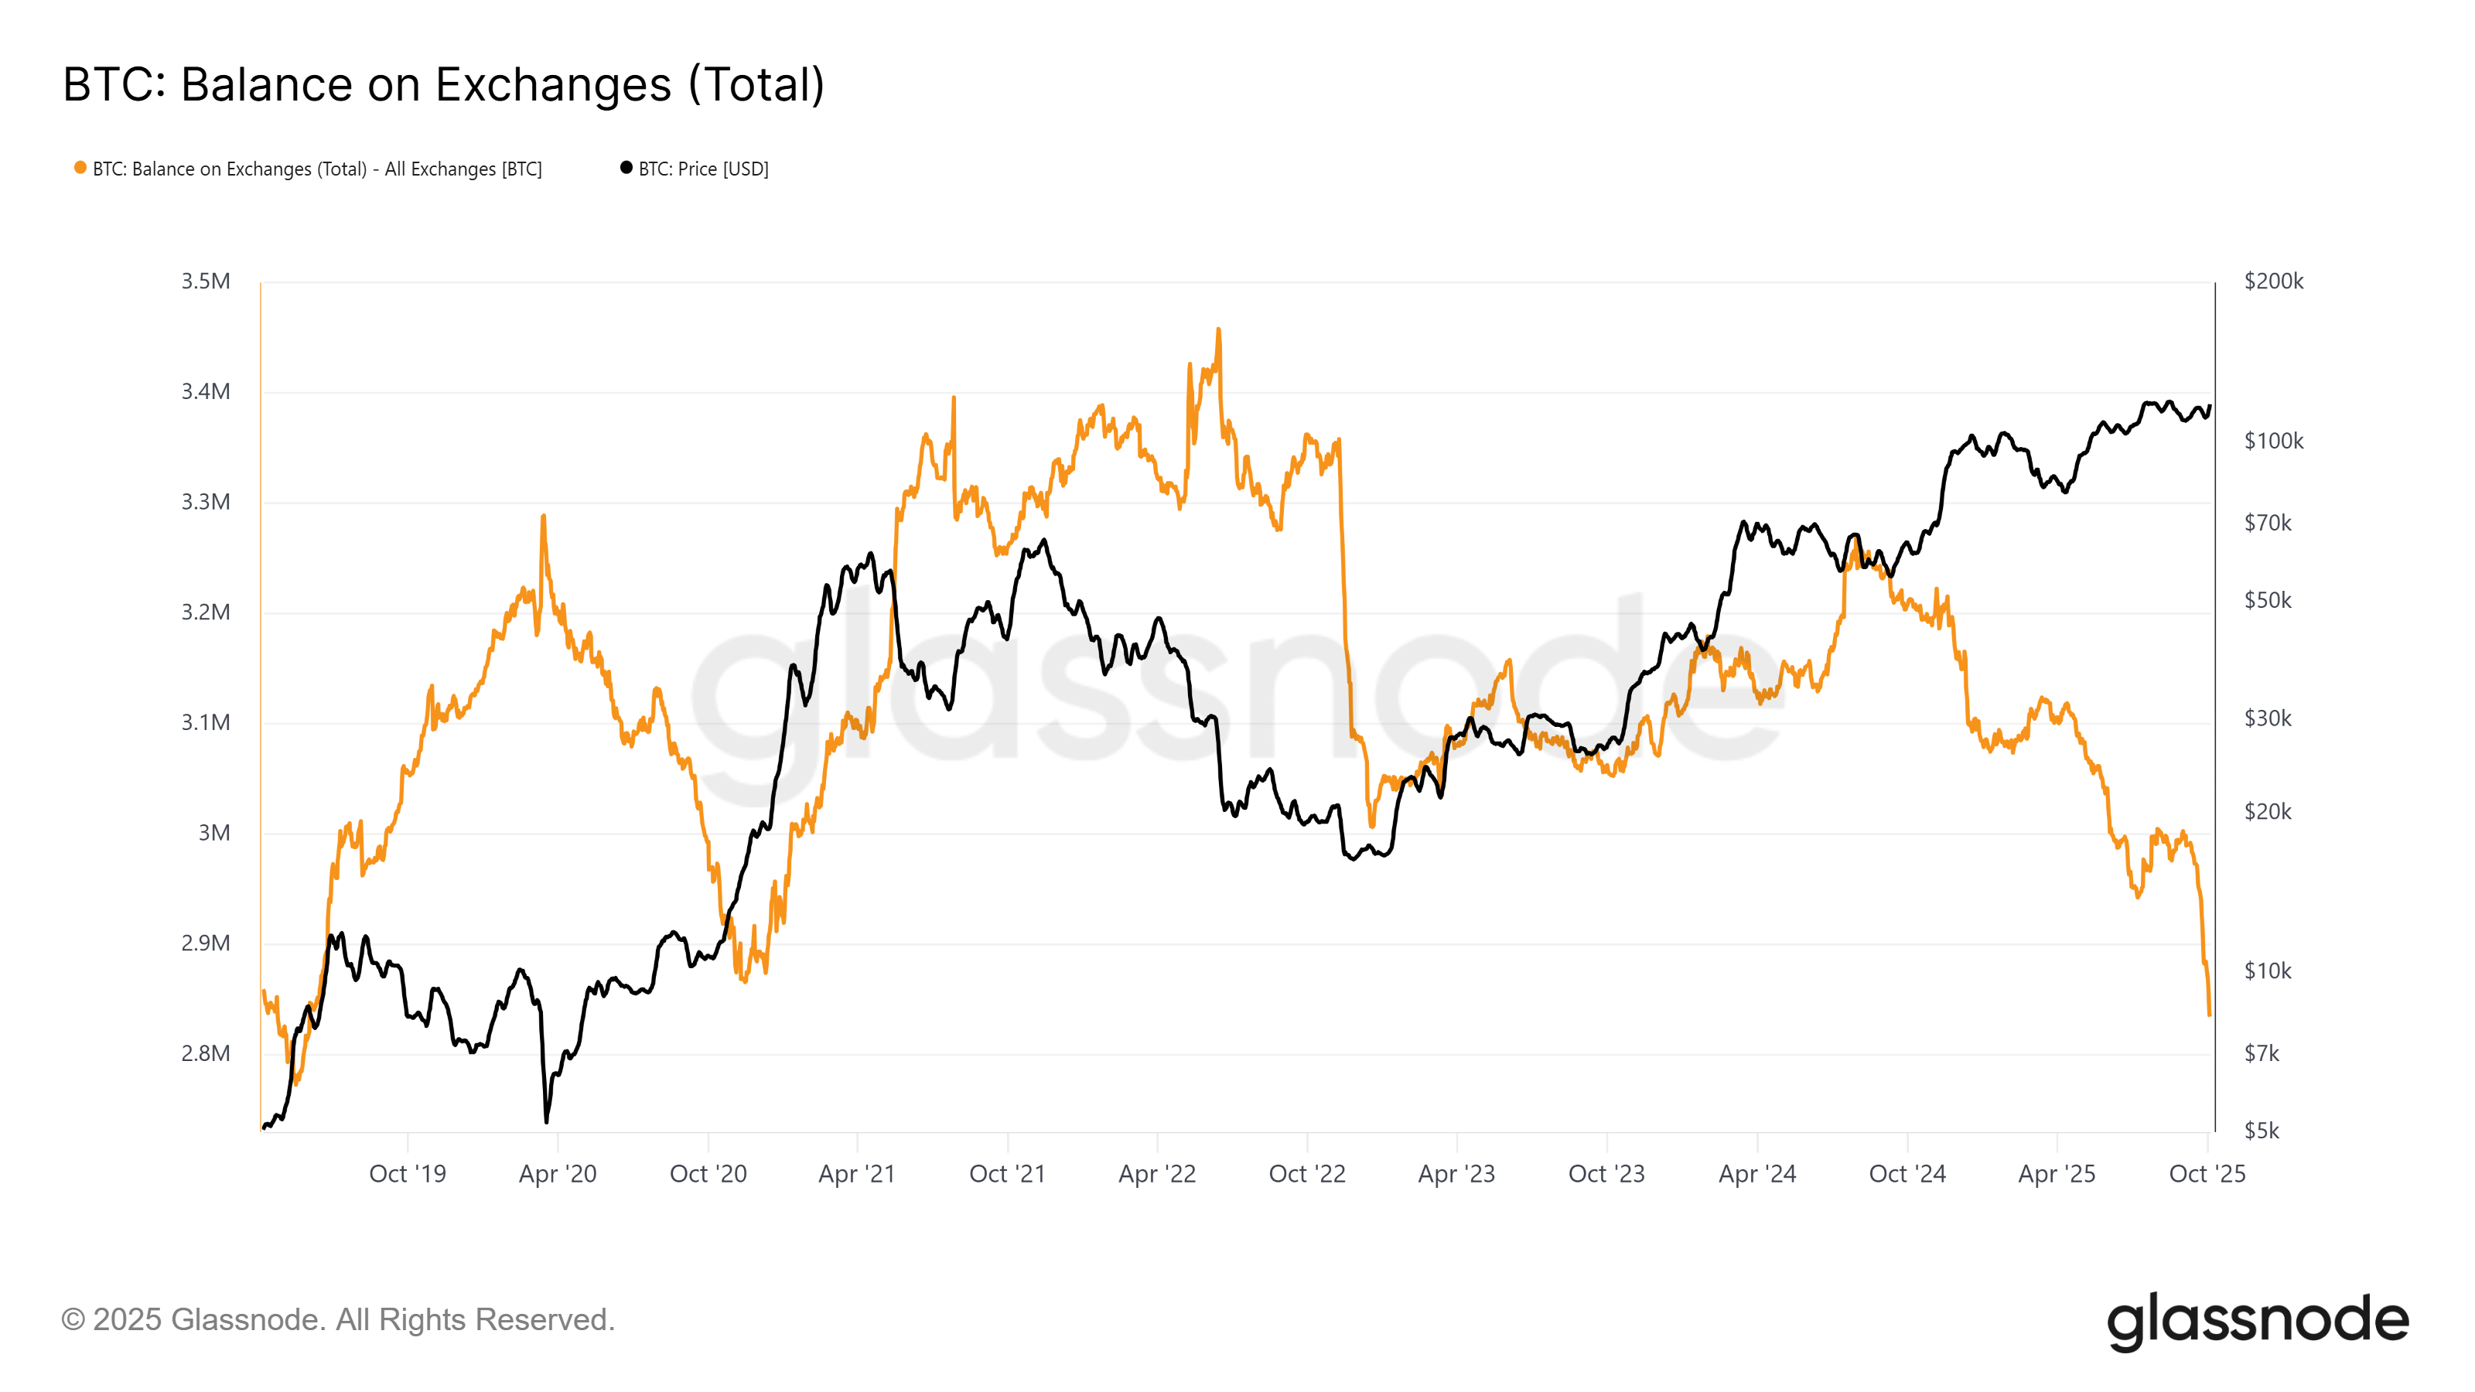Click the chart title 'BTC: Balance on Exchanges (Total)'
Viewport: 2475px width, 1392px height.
443,84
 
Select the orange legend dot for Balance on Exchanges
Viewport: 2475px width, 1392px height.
80,168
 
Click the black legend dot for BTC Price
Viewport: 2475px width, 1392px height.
626,168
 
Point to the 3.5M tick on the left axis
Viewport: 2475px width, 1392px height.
206,281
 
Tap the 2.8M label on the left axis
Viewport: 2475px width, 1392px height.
206,1054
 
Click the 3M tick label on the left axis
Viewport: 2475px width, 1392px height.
214,833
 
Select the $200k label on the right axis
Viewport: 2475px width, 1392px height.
2273,281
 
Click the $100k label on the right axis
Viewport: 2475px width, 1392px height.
2273,441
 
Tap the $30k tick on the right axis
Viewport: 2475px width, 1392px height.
2268,718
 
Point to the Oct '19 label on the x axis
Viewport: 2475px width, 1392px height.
408,1174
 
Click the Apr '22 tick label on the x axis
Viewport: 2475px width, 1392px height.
1157,1174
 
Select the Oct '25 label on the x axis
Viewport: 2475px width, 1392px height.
2207,1174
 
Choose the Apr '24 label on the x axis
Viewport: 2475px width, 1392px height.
1756,1174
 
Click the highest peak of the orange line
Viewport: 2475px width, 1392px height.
1218,330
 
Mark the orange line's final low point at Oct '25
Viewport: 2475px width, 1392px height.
2210,1014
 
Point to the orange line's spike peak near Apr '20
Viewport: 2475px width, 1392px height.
543,517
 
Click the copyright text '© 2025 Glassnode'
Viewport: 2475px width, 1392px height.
337,1320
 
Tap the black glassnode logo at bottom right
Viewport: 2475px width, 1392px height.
2257,1321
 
